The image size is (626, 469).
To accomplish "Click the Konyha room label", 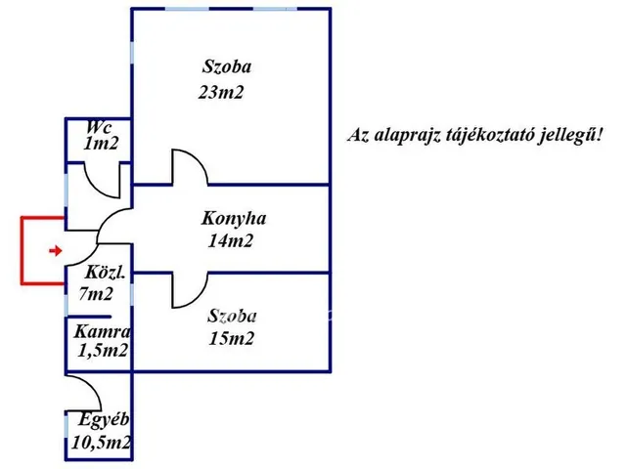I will coord(235,219).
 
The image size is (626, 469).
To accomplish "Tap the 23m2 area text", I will coord(220,95).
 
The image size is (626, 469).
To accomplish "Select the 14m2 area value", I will coord(231,241).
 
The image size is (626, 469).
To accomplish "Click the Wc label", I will coord(97,128).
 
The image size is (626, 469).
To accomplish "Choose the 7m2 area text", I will coord(96,293).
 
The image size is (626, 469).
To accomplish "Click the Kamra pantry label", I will coord(102,331).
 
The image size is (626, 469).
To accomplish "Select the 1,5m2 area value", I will coord(103,351).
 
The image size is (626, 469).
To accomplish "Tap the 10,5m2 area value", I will coord(102,443).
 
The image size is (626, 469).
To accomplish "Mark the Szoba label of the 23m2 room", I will coord(227,67).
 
